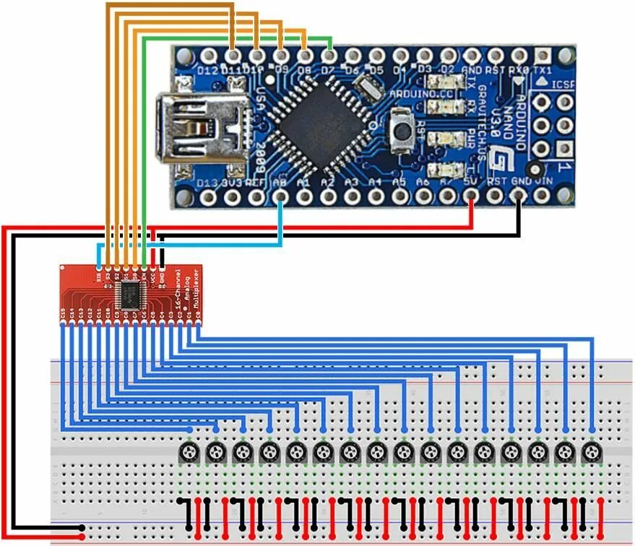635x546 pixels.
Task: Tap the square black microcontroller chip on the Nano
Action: click(304, 118)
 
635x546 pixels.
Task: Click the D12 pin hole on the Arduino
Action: click(209, 55)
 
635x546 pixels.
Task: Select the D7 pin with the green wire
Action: click(329, 55)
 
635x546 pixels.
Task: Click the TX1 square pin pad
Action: click(543, 55)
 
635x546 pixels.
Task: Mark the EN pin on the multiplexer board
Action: click(144, 274)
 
